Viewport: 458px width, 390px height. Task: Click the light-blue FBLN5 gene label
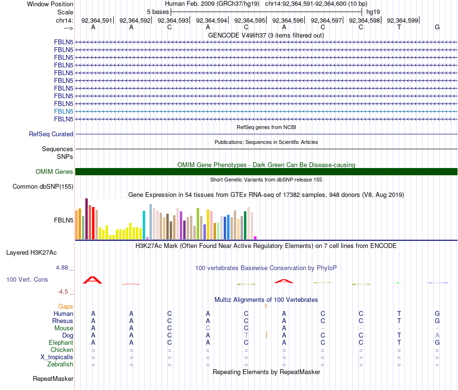[x=64, y=111]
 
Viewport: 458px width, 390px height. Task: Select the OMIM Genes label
[x=54, y=172]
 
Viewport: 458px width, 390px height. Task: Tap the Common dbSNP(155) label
[x=43, y=187]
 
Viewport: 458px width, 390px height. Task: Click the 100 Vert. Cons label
[x=27, y=279]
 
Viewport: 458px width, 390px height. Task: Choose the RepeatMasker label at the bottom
[x=53, y=379]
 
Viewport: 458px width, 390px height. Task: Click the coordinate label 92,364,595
[x=250, y=21]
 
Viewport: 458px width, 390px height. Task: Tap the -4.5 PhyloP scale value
[x=65, y=292]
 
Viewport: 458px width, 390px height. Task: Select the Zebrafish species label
[x=60, y=364]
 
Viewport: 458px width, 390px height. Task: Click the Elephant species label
[x=61, y=343]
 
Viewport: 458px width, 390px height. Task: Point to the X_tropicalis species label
[x=57, y=357]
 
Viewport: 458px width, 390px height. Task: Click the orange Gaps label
[x=66, y=306]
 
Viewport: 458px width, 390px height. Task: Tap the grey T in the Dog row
[x=246, y=335]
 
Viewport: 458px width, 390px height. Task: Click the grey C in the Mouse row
[x=208, y=328]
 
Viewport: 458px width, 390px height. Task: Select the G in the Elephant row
[x=437, y=342]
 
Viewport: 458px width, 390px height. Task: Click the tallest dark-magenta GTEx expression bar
[x=86, y=219]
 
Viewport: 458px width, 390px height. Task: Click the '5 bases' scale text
[x=158, y=12]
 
